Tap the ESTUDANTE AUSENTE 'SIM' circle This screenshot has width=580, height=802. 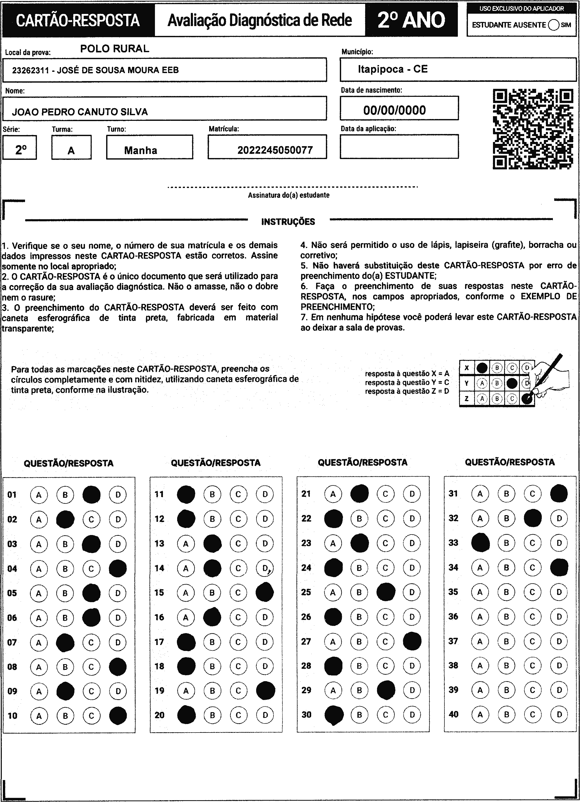coord(553,25)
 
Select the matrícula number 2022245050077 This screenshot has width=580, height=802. coord(275,150)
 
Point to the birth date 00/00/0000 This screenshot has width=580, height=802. coord(394,110)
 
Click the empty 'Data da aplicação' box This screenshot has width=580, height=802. coord(399,146)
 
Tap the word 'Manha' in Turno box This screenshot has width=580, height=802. coord(140,150)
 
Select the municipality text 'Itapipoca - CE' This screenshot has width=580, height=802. coord(393,69)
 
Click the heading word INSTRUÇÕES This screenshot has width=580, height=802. coord(288,222)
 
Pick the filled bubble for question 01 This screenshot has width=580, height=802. coord(91,495)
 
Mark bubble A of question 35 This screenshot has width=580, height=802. coord(480,592)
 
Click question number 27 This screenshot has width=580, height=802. coord(306,641)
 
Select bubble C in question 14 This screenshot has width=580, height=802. coord(238,568)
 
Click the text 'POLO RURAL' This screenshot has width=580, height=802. coord(115,49)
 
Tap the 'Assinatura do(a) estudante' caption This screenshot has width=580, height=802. coord(289,195)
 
